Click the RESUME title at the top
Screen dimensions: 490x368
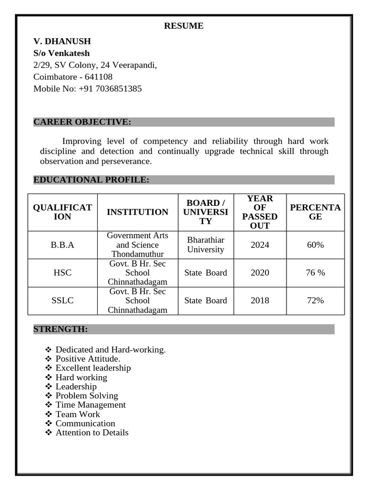pos(184,26)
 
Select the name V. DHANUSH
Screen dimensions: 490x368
pos(62,41)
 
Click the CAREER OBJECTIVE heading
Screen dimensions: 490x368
pos(82,122)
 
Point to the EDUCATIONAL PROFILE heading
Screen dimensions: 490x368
pos(91,180)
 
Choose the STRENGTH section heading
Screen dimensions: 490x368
pos(60,329)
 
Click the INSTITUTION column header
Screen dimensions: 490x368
pos(138,212)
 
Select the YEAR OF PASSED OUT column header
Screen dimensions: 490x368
pos(260,212)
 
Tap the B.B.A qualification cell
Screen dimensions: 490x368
pos(62,245)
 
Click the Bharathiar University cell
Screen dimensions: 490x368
pos(206,245)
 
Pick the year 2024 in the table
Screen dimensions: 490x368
pos(260,245)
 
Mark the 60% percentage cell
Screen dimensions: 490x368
pos(315,245)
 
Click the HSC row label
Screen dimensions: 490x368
pos(62,273)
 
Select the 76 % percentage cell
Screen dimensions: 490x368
pos(315,273)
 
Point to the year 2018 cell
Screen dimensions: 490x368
pos(260,301)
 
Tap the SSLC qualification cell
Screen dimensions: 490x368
pos(62,301)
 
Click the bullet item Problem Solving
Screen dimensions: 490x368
pos(86,396)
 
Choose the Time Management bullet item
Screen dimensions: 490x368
pos(90,405)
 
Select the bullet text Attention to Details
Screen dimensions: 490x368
pos(92,433)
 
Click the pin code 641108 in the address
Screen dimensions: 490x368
pos(99,77)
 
